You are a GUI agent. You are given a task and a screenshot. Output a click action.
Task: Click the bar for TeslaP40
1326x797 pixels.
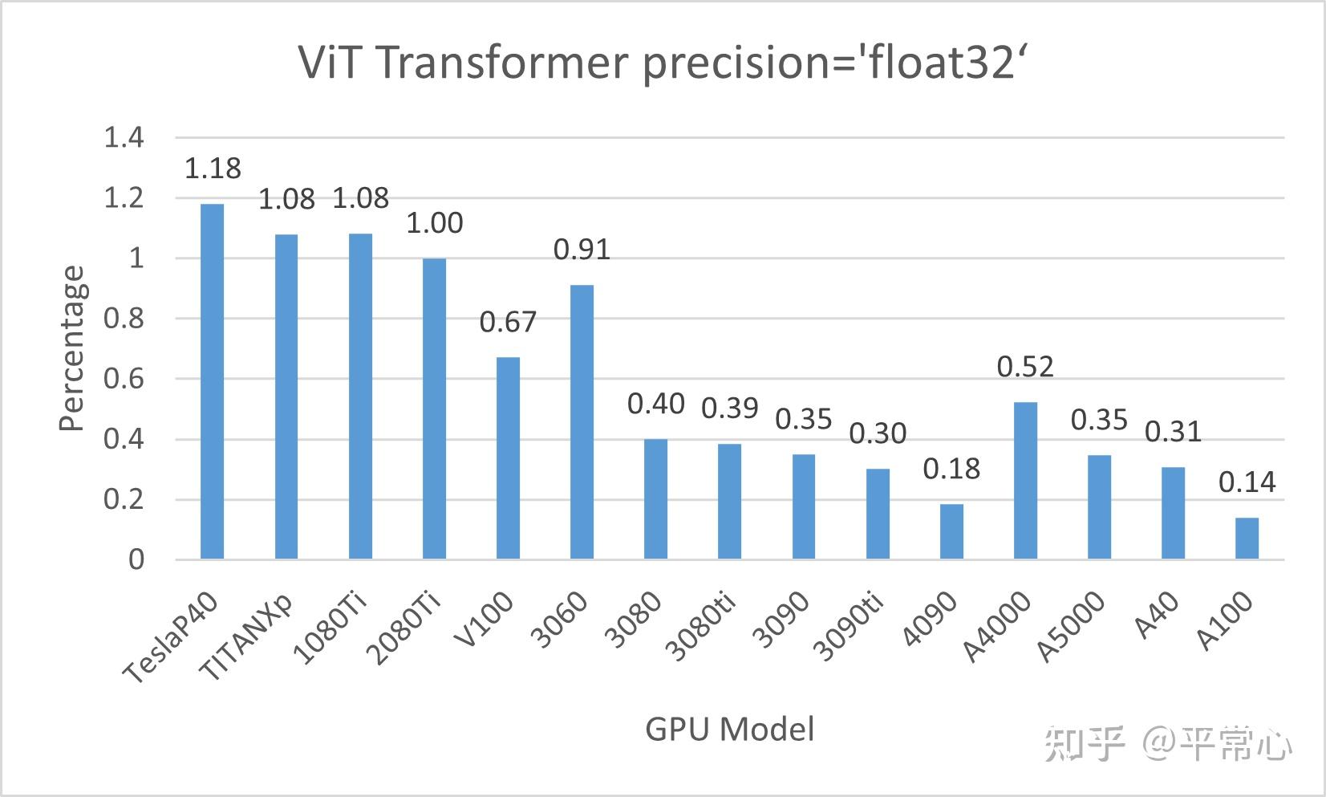213,381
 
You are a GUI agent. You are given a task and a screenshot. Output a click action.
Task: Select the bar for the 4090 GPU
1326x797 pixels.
951,531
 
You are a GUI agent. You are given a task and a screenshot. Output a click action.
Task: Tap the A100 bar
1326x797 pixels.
1247,538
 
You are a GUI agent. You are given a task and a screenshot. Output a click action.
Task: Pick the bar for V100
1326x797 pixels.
508,457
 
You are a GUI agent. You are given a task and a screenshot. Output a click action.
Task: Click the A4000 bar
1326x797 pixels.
1025,480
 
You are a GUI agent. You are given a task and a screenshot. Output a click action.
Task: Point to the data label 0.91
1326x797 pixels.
582,250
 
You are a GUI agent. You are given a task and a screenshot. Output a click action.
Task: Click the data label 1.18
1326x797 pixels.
213,169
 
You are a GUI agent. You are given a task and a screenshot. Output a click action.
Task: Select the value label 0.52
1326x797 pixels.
1025,367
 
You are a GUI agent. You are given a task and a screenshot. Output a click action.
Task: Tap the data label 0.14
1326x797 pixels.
1247,482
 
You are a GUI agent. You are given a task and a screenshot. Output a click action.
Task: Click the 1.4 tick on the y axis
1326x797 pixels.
124,138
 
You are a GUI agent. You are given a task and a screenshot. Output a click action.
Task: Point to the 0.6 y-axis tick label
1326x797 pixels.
124,379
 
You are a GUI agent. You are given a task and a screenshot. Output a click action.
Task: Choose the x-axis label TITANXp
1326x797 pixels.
246,639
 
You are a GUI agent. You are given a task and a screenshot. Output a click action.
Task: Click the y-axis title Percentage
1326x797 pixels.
72,348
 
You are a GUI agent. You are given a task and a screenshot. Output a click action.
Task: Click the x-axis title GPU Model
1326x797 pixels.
729,730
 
